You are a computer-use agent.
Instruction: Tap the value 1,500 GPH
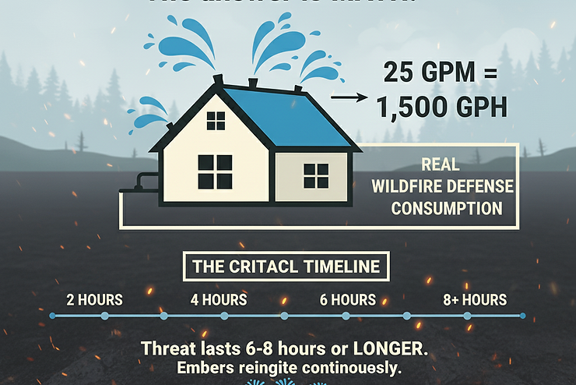click(441, 106)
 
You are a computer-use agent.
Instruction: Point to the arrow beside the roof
click(347, 98)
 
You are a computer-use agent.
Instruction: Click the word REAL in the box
click(440, 166)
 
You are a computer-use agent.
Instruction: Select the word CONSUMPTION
click(446, 209)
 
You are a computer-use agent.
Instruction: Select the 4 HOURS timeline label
click(219, 300)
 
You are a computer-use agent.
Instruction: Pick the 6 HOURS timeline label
click(348, 300)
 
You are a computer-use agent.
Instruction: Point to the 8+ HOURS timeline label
click(475, 300)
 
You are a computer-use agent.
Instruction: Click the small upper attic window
click(216, 120)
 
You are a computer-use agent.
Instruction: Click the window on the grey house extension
click(315, 175)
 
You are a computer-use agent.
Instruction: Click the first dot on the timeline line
click(51, 316)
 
